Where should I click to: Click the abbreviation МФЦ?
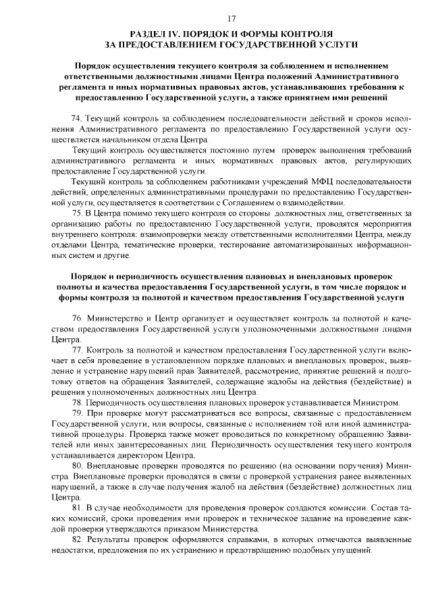pos(296,182)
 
